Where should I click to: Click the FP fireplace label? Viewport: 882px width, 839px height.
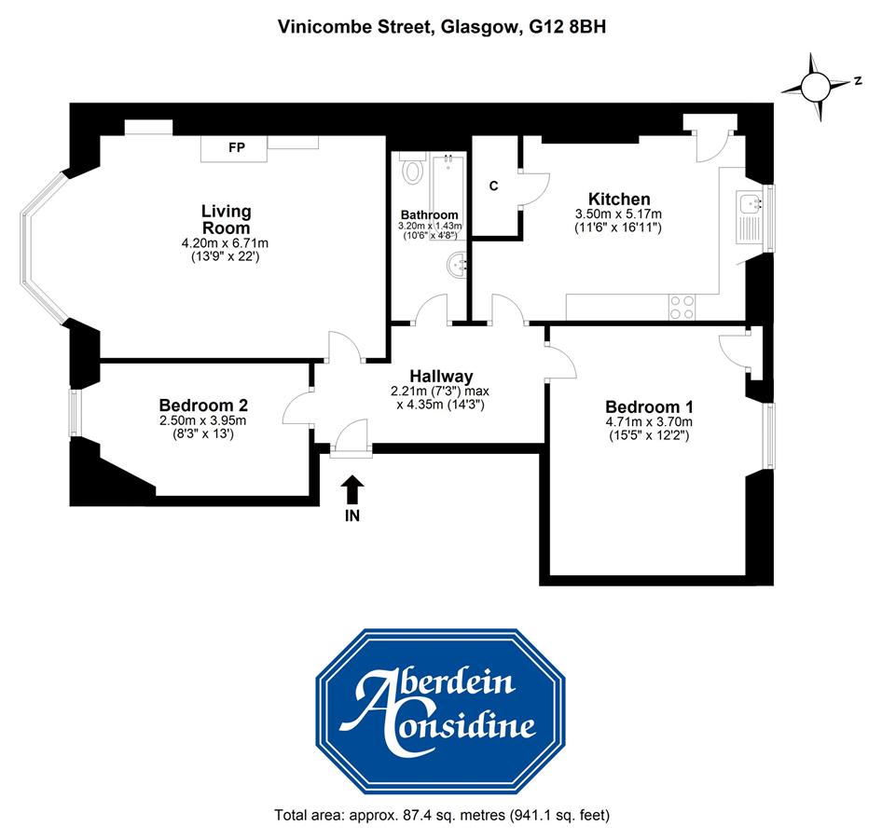pos(237,147)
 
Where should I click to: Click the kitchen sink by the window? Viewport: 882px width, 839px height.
pos(750,217)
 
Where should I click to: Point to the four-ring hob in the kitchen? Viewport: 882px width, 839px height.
pos(682,307)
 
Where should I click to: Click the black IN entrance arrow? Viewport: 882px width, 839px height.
pos(352,489)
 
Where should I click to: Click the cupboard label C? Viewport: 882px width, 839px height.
pos(493,186)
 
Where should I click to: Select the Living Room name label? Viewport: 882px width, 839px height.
pos(227,219)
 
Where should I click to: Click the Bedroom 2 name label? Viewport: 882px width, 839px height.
pos(203,405)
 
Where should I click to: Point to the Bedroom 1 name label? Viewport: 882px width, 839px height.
pos(649,406)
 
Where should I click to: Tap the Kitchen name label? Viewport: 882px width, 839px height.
pos(619,199)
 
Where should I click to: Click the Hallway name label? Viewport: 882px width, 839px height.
pos(441,376)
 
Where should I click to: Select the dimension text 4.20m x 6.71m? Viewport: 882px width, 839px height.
pos(225,243)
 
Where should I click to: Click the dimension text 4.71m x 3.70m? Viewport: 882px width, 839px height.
pos(649,421)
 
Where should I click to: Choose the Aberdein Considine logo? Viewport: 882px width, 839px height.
pos(440,710)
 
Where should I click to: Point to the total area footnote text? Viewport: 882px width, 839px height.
pos(442,815)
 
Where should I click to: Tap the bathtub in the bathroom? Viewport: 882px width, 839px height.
pos(448,190)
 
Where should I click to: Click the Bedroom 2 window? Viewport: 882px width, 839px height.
pos(75,413)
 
